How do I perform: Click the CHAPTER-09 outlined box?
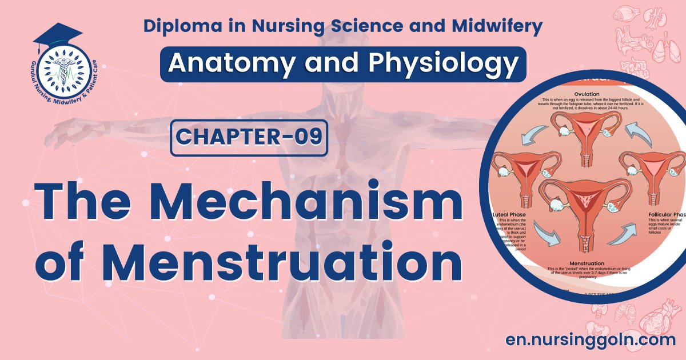click(249, 138)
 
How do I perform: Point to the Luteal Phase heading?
click(513, 215)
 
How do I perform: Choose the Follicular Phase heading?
click(667, 215)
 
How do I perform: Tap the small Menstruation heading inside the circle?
click(583, 263)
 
